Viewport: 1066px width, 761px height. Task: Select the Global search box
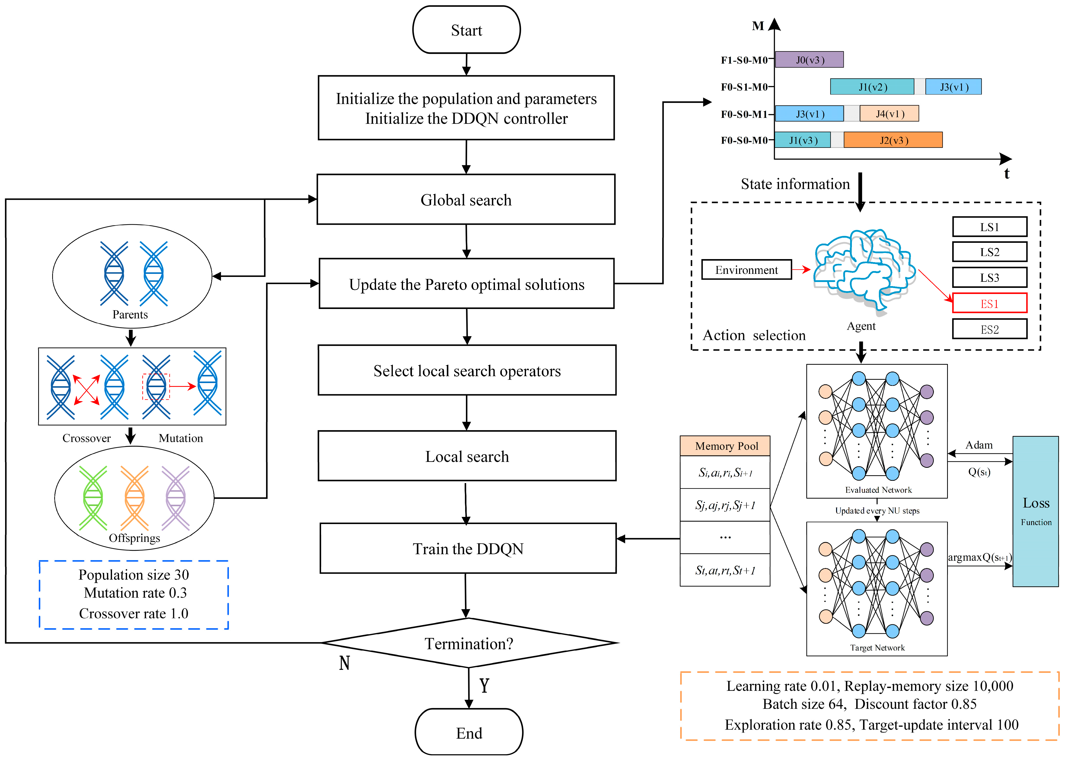(x=466, y=200)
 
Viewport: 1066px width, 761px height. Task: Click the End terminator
(x=469, y=732)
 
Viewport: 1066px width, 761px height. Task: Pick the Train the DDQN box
(x=468, y=548)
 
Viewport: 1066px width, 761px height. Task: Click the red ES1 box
(x=989, y=303)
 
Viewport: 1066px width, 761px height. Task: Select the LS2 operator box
(x=989, y=252)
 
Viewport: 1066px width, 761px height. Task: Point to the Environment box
(x=746, y=270)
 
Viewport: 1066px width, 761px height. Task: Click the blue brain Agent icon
(x=864, y=270)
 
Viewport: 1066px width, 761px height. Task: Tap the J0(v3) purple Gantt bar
(x=809, y=60)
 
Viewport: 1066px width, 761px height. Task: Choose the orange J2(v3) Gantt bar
(x=893, y=140)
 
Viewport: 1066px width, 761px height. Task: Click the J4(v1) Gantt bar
(x=889, y=114)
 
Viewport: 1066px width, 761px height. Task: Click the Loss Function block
(x=1035, y=511)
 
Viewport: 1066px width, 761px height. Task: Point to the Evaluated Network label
(x=878, y=490)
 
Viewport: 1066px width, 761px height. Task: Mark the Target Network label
(x=877, y=647)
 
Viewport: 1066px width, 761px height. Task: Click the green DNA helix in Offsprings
(x=93, y=498)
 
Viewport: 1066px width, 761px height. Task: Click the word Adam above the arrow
(x=979, y=445)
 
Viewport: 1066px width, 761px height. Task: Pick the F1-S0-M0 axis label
(x=744, y=60)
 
